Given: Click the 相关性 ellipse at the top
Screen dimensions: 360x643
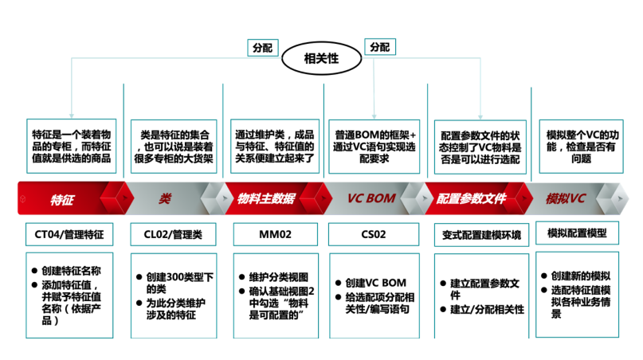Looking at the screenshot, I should click(321, 58).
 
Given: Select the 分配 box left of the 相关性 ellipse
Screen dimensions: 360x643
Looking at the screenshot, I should click(262, 48).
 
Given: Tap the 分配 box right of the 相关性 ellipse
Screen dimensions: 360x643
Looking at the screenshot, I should click(380, 48).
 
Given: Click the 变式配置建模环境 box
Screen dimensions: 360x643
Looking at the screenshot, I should click(481, 235).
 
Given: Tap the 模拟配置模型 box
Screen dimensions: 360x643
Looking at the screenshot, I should click(578, 233).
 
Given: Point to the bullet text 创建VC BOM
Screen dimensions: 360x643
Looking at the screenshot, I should click(374, 283).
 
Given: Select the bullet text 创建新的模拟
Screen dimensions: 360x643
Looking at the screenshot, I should click(582, 273).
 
